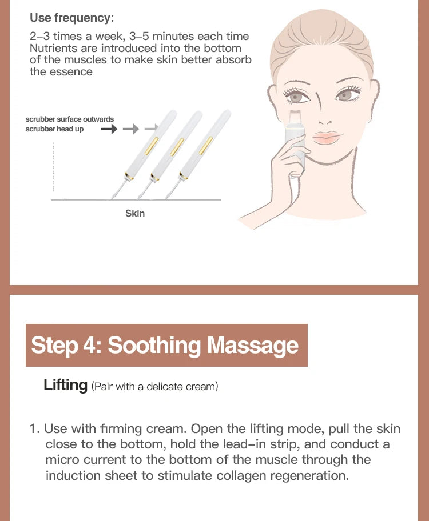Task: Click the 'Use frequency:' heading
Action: point(71,18)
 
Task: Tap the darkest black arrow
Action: point(109,129)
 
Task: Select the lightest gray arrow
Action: point(151,129)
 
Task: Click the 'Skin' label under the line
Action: point(135,213)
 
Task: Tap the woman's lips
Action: point(327,138)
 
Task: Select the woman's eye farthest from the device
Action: point(345,95)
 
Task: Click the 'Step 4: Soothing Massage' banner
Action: point(166,346)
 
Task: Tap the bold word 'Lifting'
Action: point(65,385)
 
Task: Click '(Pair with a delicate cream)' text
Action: point(154,387)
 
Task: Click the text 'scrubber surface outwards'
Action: point(69,119)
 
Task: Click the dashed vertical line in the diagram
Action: point(54,169)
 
